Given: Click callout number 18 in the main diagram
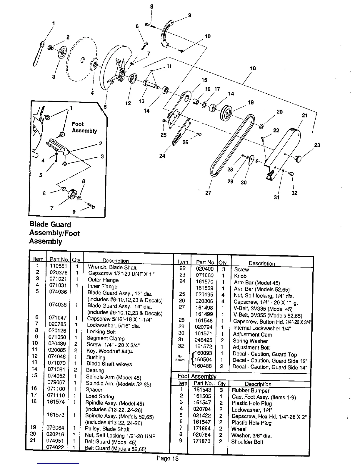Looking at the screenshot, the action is pyautogui.click(x=253, y=69).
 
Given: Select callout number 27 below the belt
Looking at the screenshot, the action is pyautogui.click(x=208, y=193).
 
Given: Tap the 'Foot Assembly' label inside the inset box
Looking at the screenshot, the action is pyautogui.click(x=84, y=127).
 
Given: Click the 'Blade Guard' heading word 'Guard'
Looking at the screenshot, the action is pyautogui.click(x=60, y=225).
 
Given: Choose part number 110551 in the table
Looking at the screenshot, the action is pyautogui.click(x=59, y=266).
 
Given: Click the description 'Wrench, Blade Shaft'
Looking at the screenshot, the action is pyautogui.click(x=112, y=267).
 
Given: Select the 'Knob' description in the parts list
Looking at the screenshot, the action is pyautogui.click(x=240, y=276).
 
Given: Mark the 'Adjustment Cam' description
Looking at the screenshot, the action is pyautogui.click(x=252, y=334).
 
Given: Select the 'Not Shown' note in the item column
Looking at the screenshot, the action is pyautogui.click(x=180, y=358).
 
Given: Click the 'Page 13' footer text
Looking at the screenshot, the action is pyautogui.click(x=167, y=458).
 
